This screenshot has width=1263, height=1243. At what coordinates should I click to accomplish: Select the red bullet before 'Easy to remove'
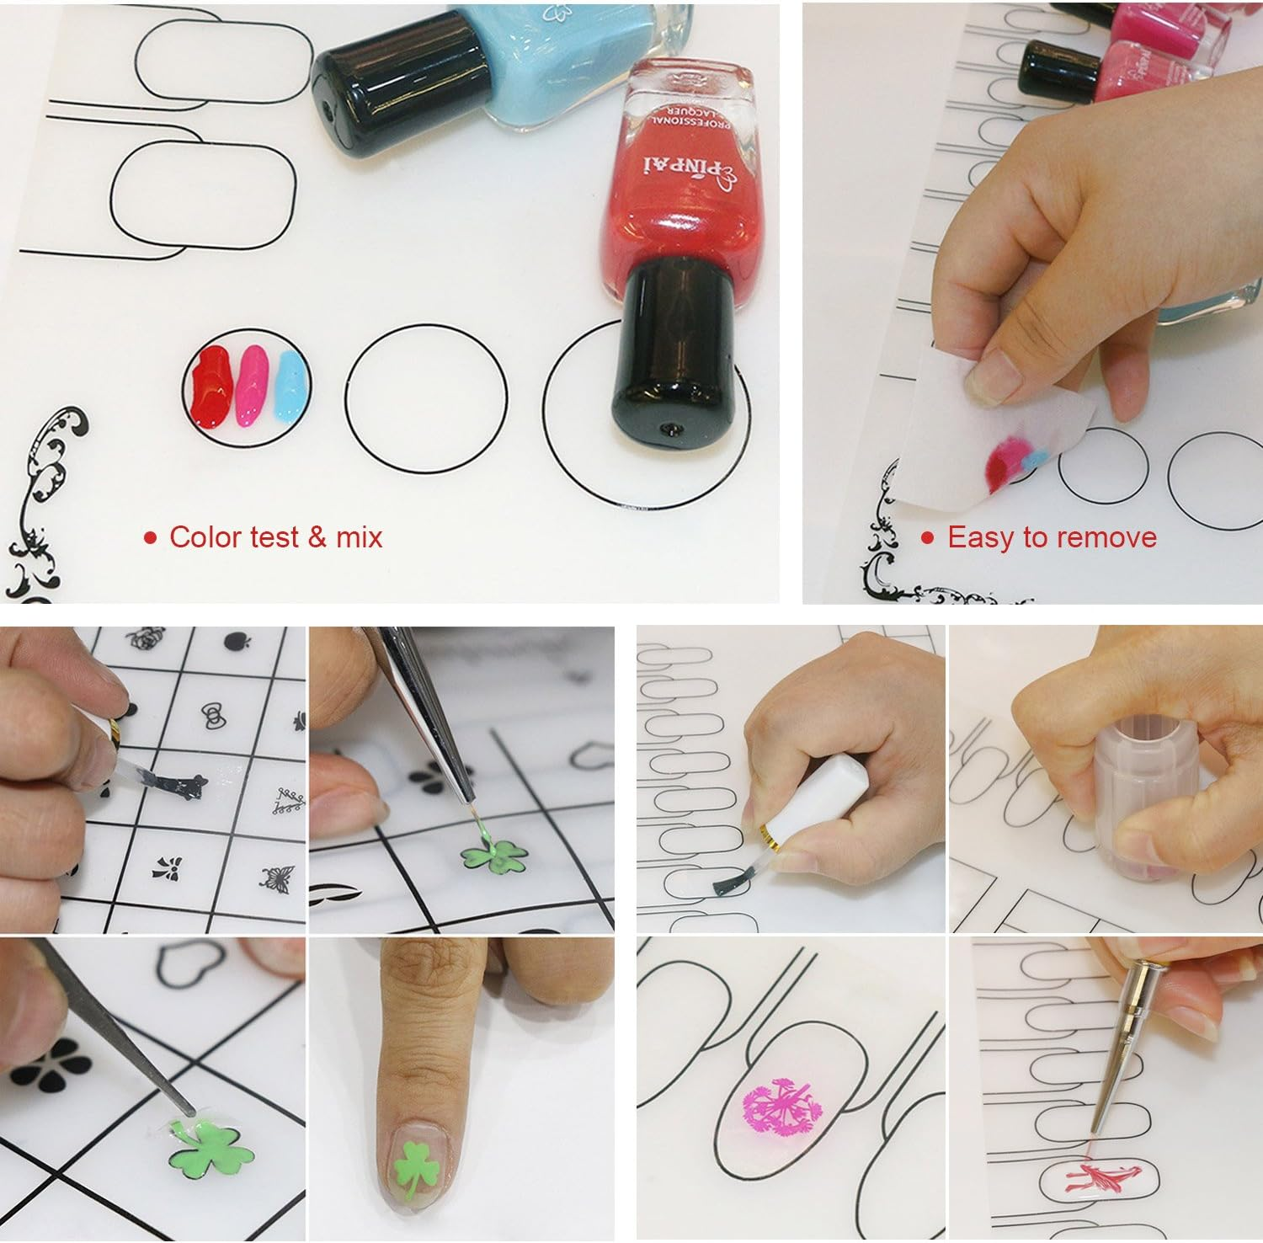(927, 538)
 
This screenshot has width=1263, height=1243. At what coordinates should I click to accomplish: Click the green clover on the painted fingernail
(413, 1166)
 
